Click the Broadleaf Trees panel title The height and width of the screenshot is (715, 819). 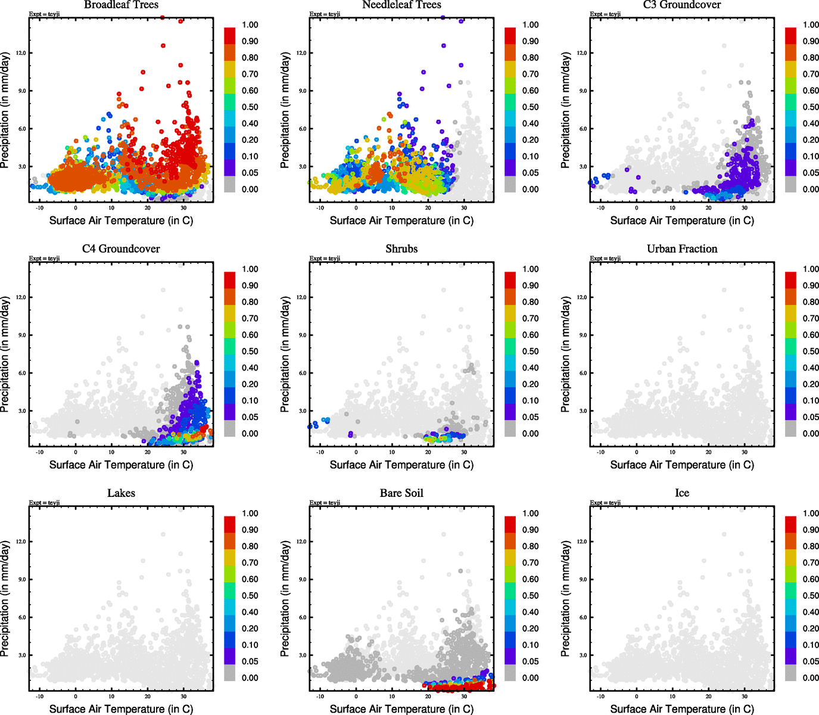coord(121,5)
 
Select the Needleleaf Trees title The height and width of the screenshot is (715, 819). coord(401,5)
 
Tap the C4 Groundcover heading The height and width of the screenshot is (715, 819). coord(121,249)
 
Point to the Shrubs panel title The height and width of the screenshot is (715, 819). coord(401,249)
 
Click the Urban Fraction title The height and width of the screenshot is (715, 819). coord(682,249)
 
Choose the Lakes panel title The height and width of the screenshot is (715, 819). coord(121,493)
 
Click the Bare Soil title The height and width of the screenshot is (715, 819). coord(401,493)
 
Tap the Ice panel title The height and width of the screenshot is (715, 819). coord(682,493)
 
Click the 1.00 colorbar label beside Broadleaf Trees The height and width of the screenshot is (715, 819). coord(250,25)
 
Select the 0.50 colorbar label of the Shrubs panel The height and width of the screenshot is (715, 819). coord(531,352)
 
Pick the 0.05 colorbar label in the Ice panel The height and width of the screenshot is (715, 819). coord(811,661)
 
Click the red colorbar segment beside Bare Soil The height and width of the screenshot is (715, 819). coord(510,524)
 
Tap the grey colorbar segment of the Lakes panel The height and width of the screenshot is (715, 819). coord(229,673)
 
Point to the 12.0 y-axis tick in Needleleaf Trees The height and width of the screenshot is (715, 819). coord(302,53)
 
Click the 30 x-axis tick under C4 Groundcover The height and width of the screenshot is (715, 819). coord(183,452)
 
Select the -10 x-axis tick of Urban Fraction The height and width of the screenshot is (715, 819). coord(600,452)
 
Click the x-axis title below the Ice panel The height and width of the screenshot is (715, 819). coord(682,709)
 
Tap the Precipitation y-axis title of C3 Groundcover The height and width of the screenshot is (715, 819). coord(566,110)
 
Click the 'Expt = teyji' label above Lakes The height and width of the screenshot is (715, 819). coord(44,503)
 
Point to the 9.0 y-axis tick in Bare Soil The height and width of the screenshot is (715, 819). coord(302,579)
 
